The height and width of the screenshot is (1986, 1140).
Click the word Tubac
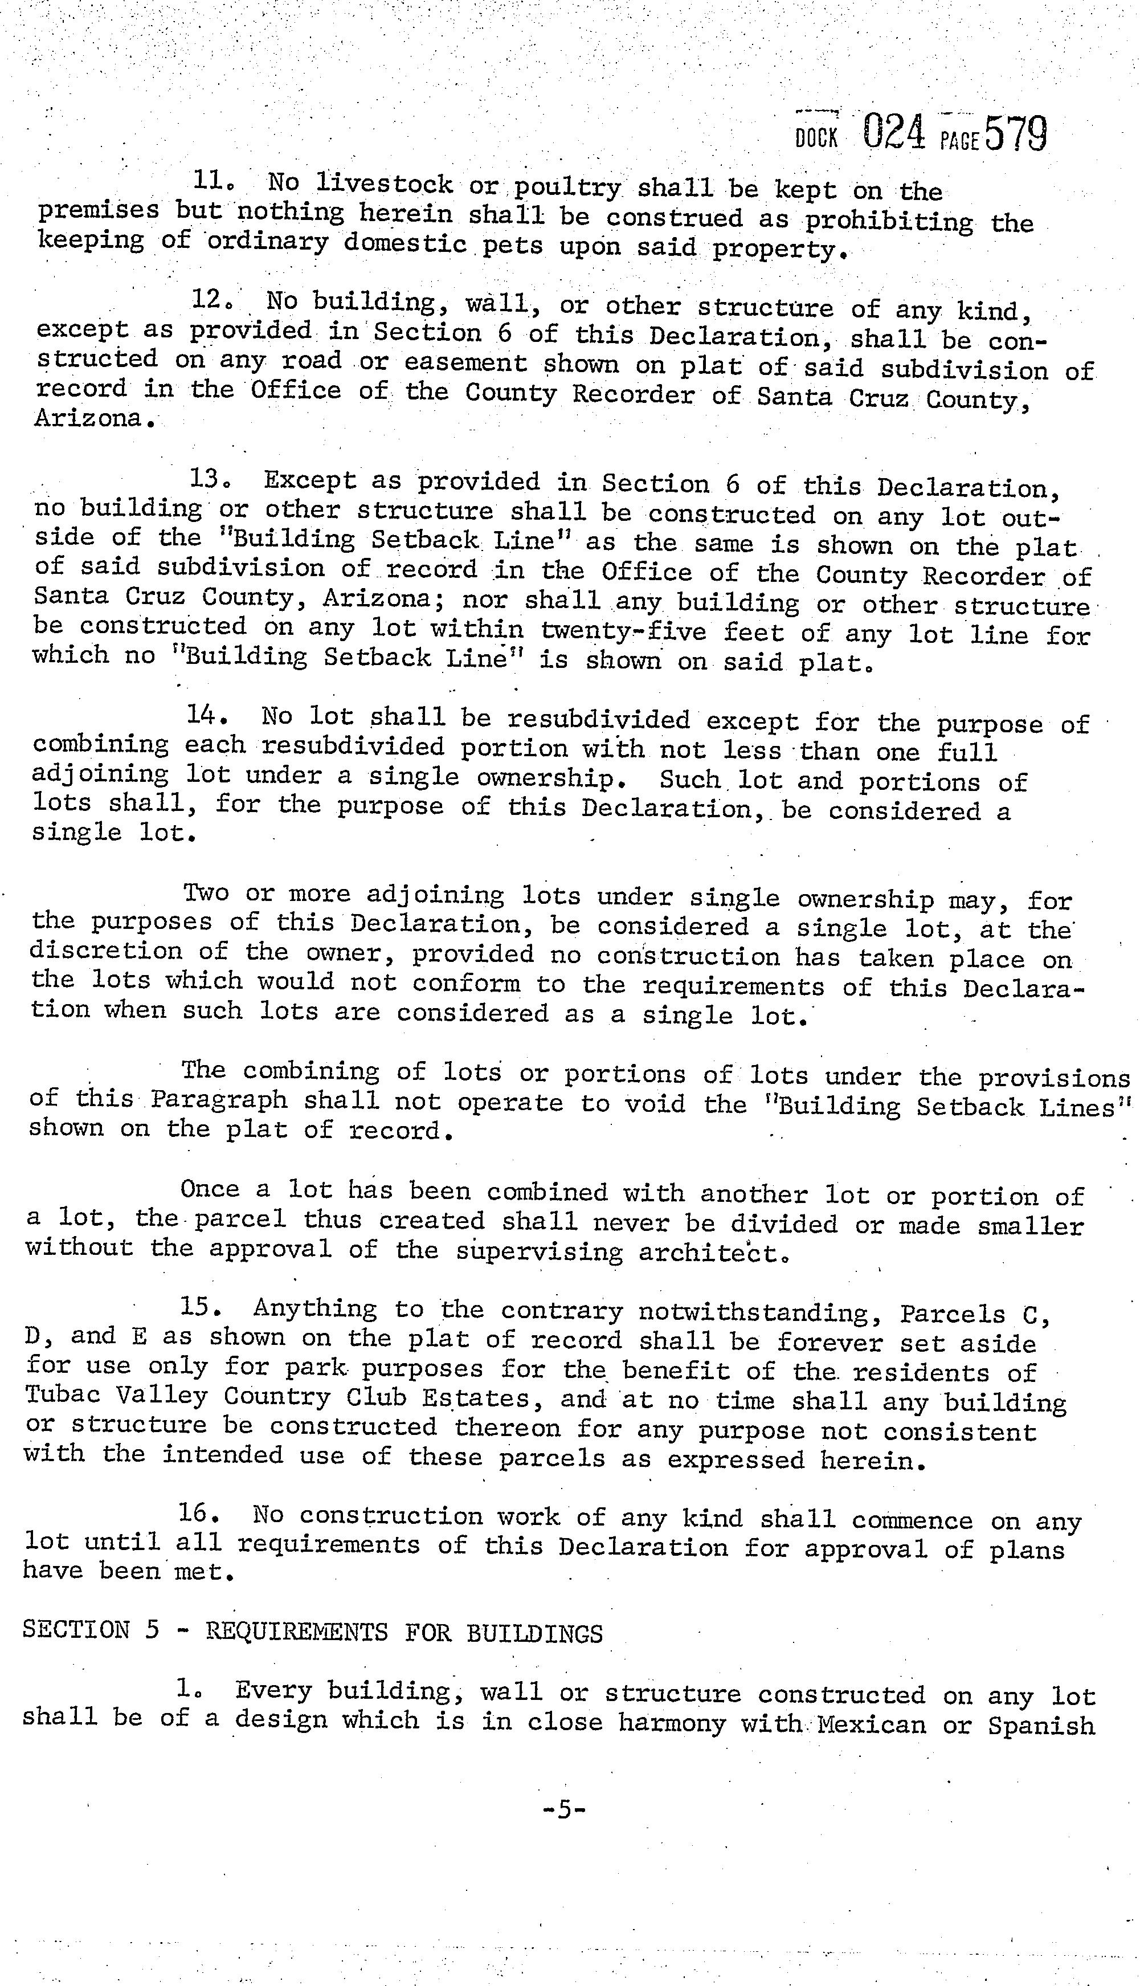(62, 1396)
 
